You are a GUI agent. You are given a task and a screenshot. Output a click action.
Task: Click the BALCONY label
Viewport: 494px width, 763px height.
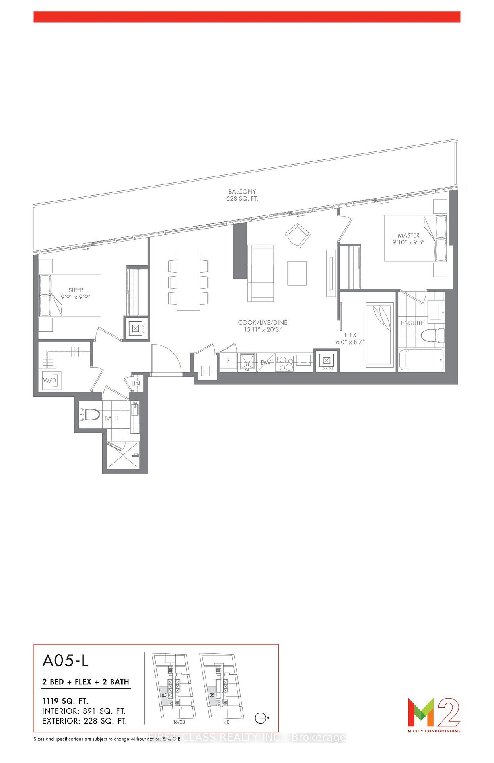[242, 192]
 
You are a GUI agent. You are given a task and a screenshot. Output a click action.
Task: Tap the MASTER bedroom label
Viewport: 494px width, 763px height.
[408, 235]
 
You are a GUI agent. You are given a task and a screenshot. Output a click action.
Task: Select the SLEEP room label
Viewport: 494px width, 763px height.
[76, 290]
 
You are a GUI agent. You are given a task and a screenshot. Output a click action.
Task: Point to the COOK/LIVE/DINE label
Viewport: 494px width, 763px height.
[262, 323]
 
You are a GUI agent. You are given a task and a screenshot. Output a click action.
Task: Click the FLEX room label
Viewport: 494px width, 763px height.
[350, 335]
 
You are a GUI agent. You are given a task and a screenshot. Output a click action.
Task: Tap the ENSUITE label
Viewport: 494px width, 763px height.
[412, 323]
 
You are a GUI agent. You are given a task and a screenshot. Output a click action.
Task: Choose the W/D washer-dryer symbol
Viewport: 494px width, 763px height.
[50, 380]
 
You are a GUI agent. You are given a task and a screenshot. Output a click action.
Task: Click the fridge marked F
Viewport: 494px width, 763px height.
[228, 362]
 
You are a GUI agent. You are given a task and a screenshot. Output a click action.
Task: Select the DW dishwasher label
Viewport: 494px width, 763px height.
[266, 362]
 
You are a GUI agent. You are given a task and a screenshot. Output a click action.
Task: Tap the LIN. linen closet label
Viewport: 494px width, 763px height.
[136, 383]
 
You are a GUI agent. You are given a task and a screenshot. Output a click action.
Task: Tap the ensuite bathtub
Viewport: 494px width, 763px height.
[421, 360]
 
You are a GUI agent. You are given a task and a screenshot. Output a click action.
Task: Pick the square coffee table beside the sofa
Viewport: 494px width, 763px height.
[297, 273]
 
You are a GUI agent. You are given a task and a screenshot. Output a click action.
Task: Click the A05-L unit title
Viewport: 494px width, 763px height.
[65, 660]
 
